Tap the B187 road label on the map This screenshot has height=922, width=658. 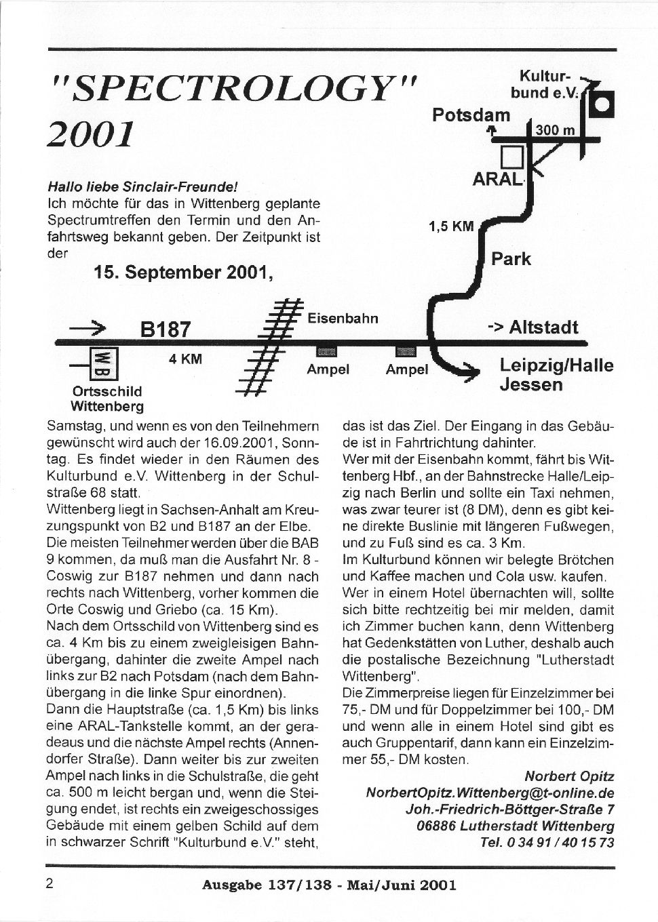coord(166,329)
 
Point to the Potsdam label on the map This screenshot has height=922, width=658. coord(471,115)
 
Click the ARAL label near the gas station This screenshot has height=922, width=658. coord(498,180)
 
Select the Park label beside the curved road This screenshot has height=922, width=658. coord(511,259)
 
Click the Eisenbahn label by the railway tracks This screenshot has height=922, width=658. coord(343,318)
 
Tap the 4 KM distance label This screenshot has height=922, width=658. coord(185,359)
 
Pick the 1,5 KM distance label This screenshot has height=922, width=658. coord(451,226)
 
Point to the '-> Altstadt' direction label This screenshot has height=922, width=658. coord(533,327)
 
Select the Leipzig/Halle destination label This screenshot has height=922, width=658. coord(556,365)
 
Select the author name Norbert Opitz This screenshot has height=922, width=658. coord(569,776)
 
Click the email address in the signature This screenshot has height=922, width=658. coord(490,793)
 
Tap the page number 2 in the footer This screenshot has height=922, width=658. coord(50,883)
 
